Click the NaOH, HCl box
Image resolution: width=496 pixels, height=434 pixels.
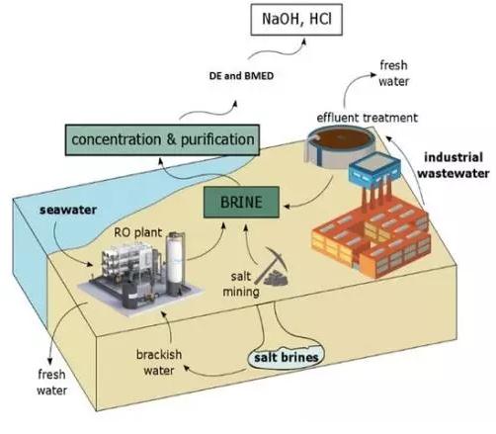(x=296, y=20)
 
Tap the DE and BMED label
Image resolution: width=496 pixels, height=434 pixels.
(x=241, y=76)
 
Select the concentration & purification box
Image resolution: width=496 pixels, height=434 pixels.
(x=162, y=139)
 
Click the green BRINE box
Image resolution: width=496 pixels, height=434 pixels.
(x=241, y=202)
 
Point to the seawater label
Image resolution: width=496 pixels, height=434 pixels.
(x=68, y=210)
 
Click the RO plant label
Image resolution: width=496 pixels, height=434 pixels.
(x=138, y=232)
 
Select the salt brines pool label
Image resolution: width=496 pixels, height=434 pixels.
(x=287, y=358)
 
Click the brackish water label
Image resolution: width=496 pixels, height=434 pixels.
(x=159, y=363)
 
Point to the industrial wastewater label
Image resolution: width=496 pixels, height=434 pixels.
(x=454, y=165)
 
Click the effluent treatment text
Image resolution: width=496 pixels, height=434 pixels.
(x=368, y=118)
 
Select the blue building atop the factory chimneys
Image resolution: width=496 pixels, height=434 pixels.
(x=374, y=169)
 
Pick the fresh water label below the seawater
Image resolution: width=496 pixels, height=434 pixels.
(x=51, y=383)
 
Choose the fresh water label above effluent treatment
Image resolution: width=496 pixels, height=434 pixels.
(x=393, y=73)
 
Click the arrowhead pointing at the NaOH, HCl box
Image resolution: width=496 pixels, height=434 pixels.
(x=304, y=42)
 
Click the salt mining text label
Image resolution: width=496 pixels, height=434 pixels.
(x=241, y=284)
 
